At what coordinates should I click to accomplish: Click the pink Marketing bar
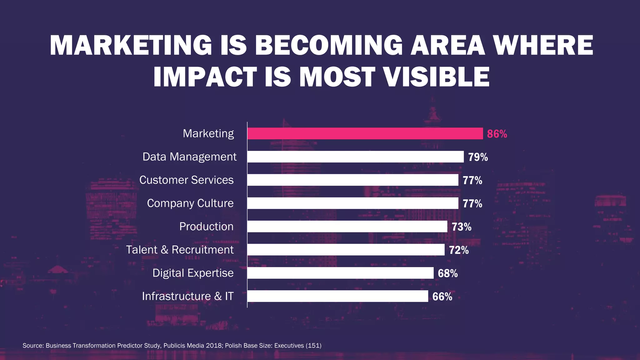pos(365,133)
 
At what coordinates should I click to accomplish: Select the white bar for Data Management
pos(355,157)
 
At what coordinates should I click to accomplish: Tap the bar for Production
pos(347,226)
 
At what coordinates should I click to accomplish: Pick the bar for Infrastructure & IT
pos(337,296)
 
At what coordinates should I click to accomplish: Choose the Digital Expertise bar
pos(340,273)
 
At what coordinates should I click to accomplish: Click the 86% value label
pos(497,134)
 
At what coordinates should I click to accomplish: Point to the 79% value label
pos(478,157)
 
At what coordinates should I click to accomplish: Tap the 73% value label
pos(461,227)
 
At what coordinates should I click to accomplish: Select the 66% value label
pos(442,297)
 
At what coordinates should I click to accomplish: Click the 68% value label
pos(447,273)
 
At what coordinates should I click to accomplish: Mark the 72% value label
pos(459,250)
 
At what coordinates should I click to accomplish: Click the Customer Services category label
pos(186,180)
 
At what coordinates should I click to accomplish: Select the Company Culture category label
pos(190,203)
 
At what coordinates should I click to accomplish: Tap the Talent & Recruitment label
pos(180,250)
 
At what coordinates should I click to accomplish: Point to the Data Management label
pos(189,157)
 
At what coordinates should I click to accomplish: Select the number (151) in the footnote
pos(313,346)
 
